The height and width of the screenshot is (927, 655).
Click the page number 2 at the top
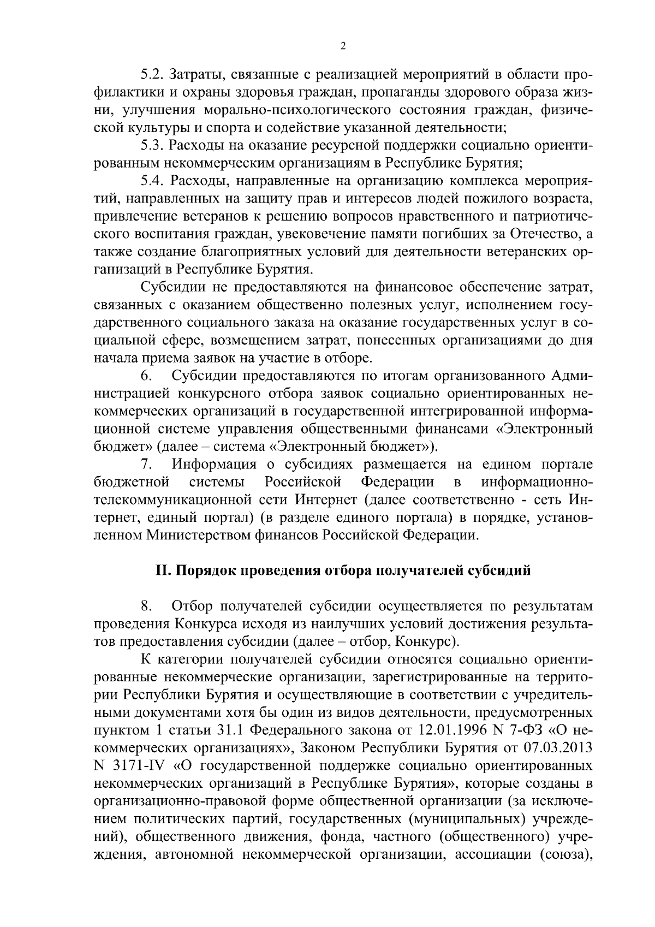pos(342,47)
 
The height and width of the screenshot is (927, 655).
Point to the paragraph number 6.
pos(145,376)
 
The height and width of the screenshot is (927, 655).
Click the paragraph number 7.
pos(145,465)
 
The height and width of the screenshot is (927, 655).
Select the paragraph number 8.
pos(145,607)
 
